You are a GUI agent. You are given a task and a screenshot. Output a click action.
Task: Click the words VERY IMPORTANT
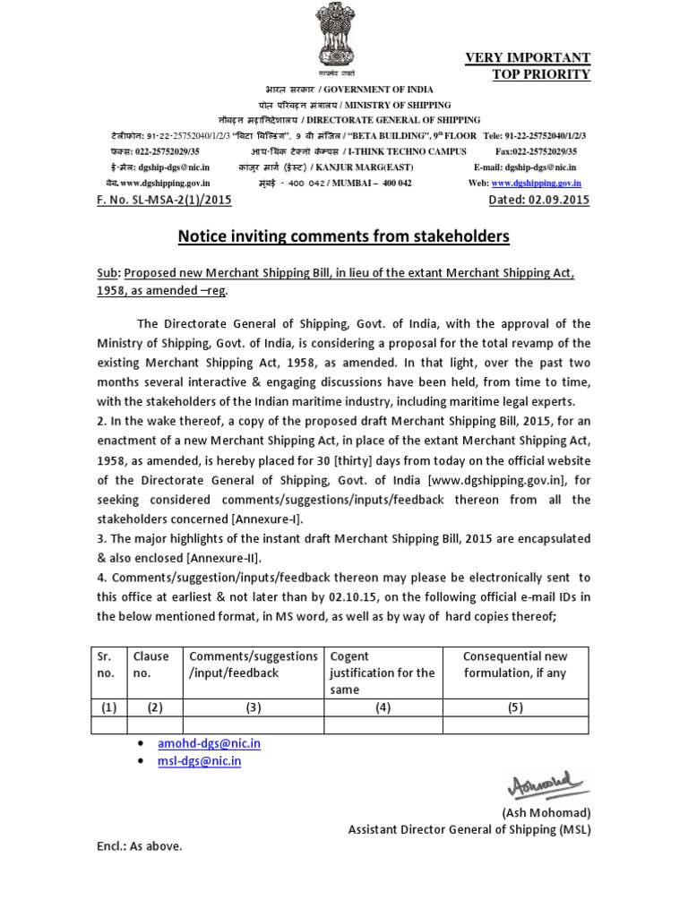528,58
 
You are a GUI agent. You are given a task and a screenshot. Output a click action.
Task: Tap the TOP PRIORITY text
541,74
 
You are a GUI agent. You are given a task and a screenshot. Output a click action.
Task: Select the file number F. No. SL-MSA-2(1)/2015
164,200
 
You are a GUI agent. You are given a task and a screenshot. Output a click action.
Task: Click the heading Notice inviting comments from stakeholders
344,236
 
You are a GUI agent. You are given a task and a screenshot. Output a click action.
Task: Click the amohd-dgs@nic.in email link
209,743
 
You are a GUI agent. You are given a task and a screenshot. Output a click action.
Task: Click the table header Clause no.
150,664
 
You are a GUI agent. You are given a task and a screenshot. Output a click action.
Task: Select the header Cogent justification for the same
382,673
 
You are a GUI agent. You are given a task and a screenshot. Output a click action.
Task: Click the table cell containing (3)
254,707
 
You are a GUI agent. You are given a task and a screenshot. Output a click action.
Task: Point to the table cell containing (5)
514,707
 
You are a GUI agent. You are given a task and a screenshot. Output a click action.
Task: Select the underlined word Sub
107,272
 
